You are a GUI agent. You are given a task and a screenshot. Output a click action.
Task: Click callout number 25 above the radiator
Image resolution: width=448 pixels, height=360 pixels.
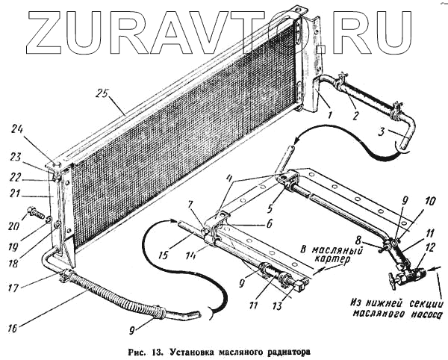[x=102, y=94]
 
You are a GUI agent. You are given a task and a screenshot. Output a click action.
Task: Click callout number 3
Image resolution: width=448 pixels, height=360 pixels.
[x=383, y=131]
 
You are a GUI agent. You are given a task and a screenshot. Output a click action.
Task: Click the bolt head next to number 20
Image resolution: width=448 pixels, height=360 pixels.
[x=34, y=212]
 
